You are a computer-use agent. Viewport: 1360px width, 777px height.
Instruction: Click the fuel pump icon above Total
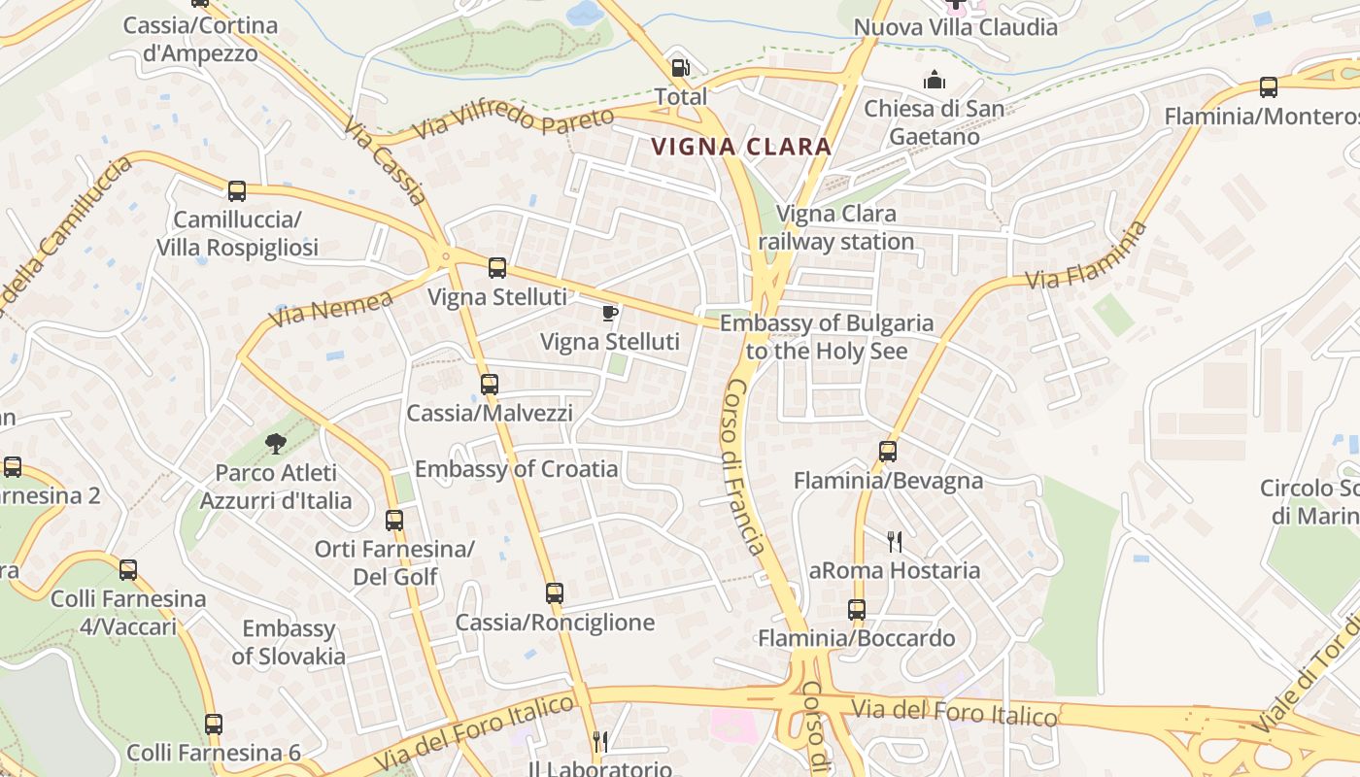(x=681, y=68)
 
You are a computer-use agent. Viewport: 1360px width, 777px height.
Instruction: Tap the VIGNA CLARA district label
(x=741, y=147)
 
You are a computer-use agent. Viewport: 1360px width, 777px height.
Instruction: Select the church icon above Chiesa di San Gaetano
(x=935, y=79)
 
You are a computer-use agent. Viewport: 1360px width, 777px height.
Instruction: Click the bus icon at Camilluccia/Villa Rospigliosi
(x=237, y=190)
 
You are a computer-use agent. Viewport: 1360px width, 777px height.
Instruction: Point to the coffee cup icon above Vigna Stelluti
(x=609, y=313)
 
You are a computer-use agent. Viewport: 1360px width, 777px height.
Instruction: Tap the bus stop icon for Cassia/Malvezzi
(x=490, y=384)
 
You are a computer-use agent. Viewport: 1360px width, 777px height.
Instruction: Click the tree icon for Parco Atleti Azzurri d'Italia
(x=276, y=444)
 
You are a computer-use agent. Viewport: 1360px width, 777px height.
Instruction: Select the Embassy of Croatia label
(x=516, y=469)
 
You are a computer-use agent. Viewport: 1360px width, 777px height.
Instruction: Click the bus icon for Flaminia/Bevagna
(x=888, y=451)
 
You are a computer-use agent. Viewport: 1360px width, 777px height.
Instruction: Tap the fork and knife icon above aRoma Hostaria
(x=895, y=541)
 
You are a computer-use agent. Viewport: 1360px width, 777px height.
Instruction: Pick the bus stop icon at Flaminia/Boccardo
(x=856, y=609)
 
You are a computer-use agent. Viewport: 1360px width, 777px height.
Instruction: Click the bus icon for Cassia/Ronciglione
(x=554, y=592)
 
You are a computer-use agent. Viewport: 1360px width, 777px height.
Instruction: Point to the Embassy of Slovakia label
(x=289, y=642)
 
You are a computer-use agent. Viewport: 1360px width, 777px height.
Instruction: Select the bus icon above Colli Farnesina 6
(x=214, y=724)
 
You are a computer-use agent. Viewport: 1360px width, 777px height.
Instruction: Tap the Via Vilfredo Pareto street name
(x=514, y=122)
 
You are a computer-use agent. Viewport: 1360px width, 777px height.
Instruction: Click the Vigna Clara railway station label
(x=836, y=227)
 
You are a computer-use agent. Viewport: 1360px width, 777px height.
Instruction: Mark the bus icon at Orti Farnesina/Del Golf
(x=393, y=520)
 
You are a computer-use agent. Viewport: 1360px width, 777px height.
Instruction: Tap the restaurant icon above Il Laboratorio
(x=600, y=743)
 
